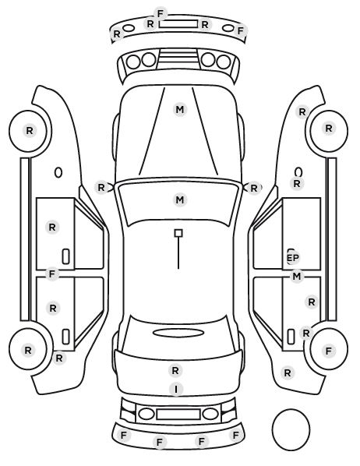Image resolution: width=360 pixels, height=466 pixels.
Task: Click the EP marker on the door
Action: pyautogui.click(x=292, y=258)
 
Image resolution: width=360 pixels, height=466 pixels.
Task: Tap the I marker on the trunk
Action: pyautogui.click(x=176, y=389)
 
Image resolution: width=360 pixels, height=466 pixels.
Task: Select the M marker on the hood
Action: pyautogui.click(x=180, y=110)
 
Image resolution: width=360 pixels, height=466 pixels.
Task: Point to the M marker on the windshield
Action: pyautogui.click(x=180, y=199)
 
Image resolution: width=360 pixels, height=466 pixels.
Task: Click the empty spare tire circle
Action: pyautogui.click(x=291, y=429)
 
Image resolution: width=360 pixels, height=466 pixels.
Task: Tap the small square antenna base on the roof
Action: pyautogui.click(x=178, y=233)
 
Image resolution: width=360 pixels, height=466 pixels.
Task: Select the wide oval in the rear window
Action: pyautogui.click(x=178, y=333)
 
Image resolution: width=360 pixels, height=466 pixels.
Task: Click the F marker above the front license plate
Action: pyautogui.click(x=161, y=14)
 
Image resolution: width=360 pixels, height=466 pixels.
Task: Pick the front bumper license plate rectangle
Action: pyautogui.click(x=178, y=24)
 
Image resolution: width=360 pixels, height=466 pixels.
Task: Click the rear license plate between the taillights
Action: pyautogui.click(x=178, y=414)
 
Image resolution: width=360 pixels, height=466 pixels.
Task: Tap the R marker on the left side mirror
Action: pyautogui.click(x=101, y=188)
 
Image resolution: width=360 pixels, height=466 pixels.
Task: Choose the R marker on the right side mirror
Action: pyautogui.click(x=253, y=188)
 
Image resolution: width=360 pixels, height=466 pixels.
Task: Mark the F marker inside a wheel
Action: pyautogui.click(x=329, y=351)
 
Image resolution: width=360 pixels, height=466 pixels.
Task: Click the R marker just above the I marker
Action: pyautogui.click(x=175, y=370)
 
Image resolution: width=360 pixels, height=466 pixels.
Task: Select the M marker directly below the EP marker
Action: pyautogui.click(x=297, y=277)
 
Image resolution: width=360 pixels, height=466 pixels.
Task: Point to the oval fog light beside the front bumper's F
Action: pyautogui.click(x=228, y=28)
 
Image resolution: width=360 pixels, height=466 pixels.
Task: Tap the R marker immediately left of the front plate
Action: pyautogui.click(x=150, y=24)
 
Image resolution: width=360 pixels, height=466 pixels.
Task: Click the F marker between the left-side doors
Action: pyautogui.click(x=52, y=274)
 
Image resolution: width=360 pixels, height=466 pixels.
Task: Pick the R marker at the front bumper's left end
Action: pyautogui.click(x=117, y=34)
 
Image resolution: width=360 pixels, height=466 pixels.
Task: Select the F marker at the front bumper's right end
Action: pyautogui.click(x=240, y=30)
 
